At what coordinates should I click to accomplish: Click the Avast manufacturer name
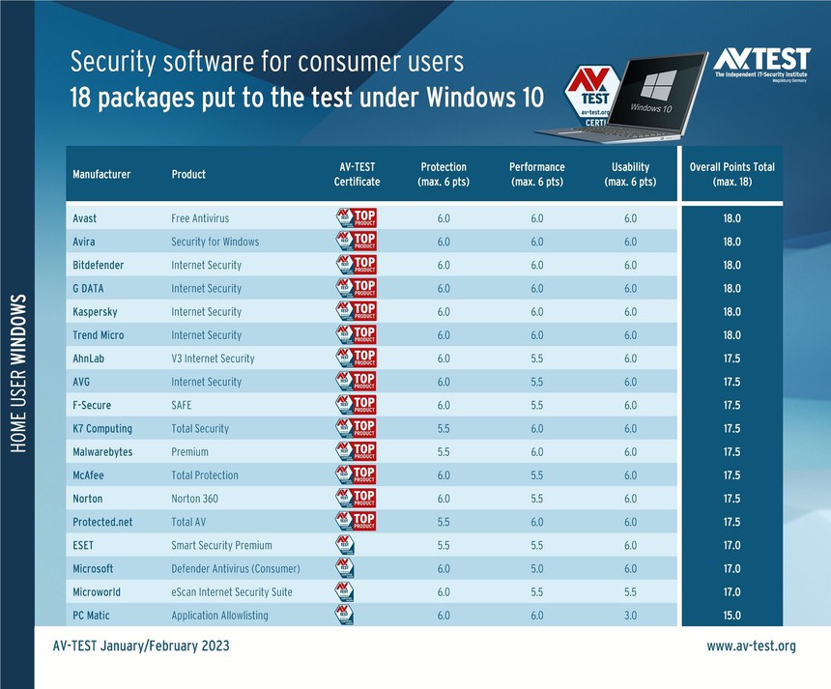click(85, 218)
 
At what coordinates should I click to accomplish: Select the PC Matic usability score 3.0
click(630, 615)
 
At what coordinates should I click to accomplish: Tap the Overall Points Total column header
click(731, 174)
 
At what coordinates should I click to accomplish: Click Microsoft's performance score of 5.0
click(537, 568)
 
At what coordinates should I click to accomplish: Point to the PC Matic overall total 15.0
click(731, 615)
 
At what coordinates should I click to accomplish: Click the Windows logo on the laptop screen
click(656, 84)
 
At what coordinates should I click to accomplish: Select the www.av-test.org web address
click(751, 646)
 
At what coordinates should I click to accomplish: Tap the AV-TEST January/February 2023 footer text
click(141, 646)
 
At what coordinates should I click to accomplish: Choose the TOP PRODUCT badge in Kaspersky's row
click(356, 311)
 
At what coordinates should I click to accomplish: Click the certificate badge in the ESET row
click(344, 545)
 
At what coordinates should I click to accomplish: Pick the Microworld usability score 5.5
click(630, 591)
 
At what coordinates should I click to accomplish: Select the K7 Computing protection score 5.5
click(444, 428)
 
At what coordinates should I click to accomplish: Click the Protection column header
click(444, 174)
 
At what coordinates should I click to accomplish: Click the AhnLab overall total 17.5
click(731, 359)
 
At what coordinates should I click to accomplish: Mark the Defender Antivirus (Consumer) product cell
click(236, 568)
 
